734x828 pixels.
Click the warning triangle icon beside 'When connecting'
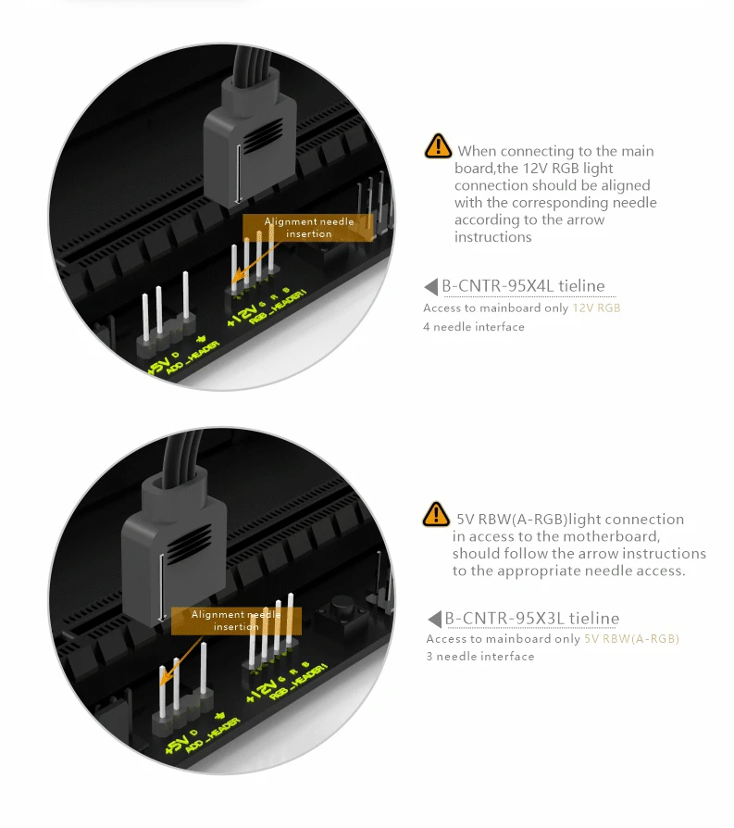pyautogui.click(x=438, y=146)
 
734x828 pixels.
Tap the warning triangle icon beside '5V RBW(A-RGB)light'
pyautogui.click(x=436, y=514)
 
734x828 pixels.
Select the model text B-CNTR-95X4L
pyautogui.click(x=498, y=285)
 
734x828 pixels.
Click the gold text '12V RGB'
pyautogui.click(x=596, y=307)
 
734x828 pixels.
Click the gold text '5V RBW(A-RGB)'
pyautogui.click(x=631, y=639)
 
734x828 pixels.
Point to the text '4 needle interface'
pyautogui.click(x=474, y=327)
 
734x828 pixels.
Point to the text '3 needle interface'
pyautogui.click(x=480, y=657)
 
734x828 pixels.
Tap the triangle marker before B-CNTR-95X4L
pyautogui.click(x=431, y=287)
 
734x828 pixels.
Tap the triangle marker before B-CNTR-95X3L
pyautogui.click(x=434, y=619)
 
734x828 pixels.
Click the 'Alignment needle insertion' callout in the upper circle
pyautogui.click(x=308, y=228)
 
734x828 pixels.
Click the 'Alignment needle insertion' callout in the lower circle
pyautogui.click(x=236, y=621)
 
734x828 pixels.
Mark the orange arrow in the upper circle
pyautogui.click(x=255, y=261)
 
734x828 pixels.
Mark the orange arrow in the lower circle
pyautogui.click(x=181, y=661)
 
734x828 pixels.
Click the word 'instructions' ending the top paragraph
pyautogui.click(x=492, y=237)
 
